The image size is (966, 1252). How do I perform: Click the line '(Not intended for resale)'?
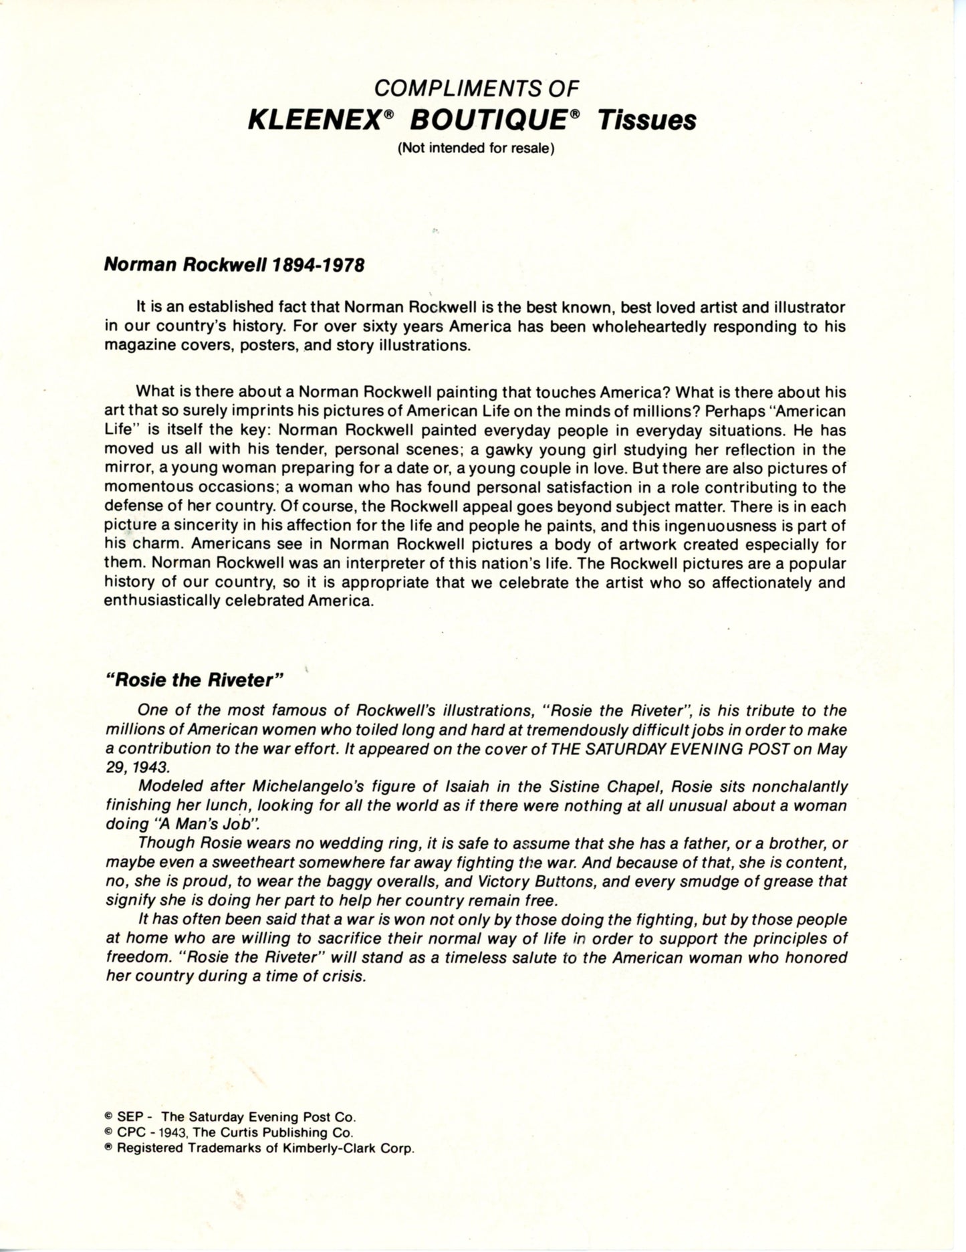coord(476,148)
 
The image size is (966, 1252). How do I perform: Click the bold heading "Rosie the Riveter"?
coord(195,680)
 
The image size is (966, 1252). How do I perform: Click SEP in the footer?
coord(127,1116)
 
